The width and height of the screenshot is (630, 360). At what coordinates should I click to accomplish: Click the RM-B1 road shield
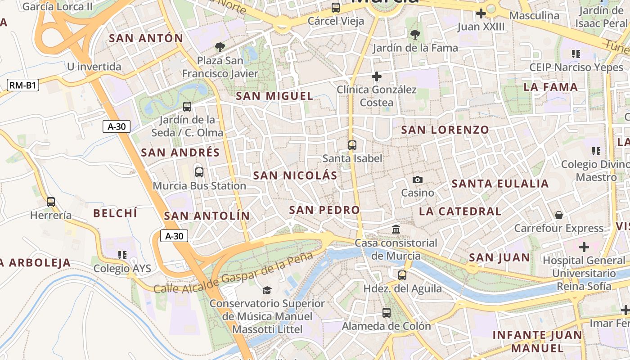(23, 85)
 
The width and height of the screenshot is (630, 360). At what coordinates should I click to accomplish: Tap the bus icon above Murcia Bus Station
(199, 172)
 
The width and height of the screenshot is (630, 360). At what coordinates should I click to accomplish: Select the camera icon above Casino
(418, 180)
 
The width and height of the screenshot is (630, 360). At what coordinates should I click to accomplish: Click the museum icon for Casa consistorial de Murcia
(396, 229)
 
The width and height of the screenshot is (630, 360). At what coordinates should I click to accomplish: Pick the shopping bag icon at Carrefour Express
(559, 215)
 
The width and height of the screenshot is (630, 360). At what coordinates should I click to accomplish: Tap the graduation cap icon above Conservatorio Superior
(267, 290)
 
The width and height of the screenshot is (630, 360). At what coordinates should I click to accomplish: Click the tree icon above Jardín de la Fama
(415, 34)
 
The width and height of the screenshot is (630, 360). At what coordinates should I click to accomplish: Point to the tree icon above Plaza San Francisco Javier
(220, 47)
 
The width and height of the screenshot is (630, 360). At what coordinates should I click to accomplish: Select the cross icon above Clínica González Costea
(377, 76)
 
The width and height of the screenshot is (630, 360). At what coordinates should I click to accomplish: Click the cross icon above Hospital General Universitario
(584, 247)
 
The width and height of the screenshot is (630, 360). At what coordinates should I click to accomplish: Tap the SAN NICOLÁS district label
(295, 175)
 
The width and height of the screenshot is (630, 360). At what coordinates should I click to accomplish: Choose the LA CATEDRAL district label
(460, 211)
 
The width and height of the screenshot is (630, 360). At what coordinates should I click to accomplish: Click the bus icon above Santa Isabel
(352, 145)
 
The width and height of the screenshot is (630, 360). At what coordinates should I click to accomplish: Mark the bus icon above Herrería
(51, 202)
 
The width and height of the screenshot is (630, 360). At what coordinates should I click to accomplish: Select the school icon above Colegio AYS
(122, 255)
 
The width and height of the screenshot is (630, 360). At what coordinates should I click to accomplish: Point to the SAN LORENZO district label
(445, 130)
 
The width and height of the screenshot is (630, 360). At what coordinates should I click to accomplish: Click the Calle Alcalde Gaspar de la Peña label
(233, 273)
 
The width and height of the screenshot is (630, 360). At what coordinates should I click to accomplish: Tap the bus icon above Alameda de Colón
(387, 312)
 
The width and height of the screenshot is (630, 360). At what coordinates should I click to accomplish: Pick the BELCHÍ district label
(115, 213)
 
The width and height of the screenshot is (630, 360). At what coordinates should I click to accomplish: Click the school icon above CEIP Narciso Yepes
(576, 54)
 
